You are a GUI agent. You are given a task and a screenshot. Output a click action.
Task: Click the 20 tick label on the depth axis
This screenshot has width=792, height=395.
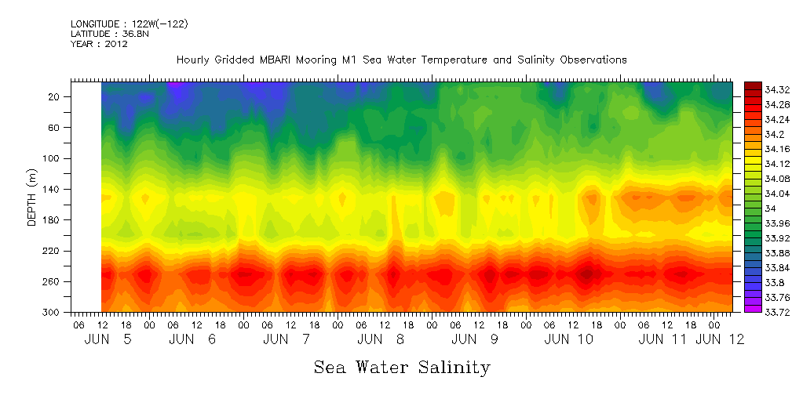coord(56,96)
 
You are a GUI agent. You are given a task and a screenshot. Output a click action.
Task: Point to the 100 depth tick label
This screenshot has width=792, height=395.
coord(53,158)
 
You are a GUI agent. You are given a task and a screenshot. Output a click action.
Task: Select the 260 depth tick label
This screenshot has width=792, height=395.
coord(53,281)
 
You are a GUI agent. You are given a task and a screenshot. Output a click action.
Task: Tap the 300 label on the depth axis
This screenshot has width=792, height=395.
coord(53,312)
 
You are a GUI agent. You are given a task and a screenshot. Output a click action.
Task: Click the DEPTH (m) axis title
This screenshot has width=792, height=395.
coord(32,197)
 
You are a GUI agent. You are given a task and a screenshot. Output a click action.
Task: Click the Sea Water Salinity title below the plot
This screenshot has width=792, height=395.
coord(402,367)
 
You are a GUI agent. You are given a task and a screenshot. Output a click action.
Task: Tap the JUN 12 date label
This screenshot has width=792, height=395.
coord(720,339)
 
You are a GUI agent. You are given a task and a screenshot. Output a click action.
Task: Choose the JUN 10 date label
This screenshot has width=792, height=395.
coord(569,339)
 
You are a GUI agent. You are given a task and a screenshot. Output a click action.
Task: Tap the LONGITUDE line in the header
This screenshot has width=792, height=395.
coord(129,24)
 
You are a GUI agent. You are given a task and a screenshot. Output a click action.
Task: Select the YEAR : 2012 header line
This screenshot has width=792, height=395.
coord(99,45)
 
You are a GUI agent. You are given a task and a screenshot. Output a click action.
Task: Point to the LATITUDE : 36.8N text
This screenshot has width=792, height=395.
coord(103,34)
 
